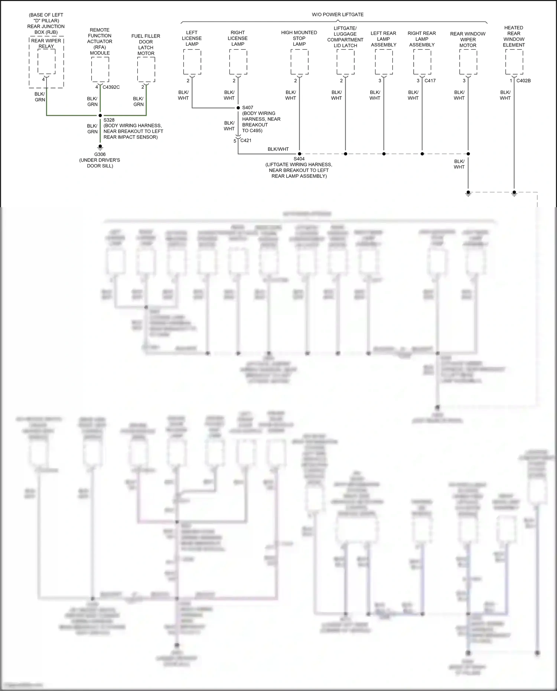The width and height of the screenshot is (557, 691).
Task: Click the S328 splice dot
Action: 100,115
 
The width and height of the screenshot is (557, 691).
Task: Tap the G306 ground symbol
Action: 100,147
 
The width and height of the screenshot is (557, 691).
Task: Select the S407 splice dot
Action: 238,108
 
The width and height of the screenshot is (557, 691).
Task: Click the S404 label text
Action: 299,159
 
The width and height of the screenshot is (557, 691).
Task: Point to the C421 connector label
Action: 246,140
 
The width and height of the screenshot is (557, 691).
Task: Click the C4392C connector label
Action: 111,87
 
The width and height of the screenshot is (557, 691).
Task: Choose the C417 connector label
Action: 430,81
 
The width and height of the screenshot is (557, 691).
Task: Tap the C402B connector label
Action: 523,81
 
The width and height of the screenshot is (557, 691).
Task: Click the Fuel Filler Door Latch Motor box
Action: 146,69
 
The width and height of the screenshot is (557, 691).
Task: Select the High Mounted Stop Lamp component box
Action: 299,62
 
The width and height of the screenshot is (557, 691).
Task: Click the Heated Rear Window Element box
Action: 514,62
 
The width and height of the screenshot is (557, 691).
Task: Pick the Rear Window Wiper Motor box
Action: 468,62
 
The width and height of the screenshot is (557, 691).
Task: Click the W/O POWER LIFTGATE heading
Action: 338,14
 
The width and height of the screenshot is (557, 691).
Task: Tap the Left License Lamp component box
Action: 192,62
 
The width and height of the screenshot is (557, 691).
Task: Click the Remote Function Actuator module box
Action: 100,69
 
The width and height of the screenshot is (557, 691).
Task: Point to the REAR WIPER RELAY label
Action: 46,43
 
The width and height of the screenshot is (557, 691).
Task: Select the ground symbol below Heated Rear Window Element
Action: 514,193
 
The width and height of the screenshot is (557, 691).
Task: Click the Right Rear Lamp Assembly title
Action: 422,39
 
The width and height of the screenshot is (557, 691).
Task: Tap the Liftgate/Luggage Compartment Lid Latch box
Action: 345,62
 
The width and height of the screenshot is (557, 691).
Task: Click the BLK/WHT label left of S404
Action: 278,149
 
